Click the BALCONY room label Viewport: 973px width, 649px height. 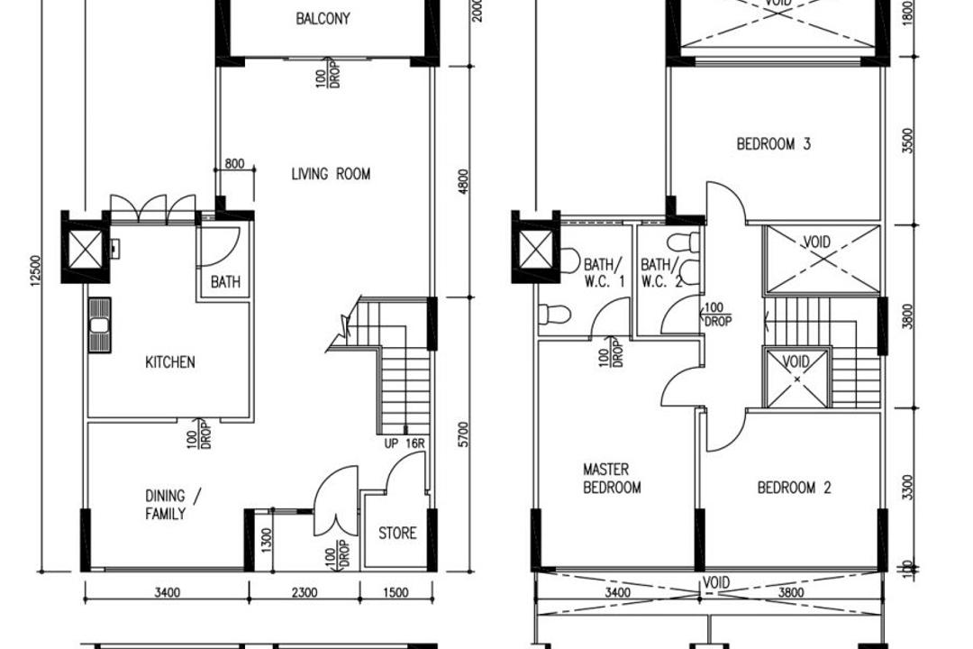[x=323, y=18]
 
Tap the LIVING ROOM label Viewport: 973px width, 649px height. [x=331, y=174]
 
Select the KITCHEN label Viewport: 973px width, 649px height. [x=170, y=362]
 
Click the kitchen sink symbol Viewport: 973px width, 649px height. [x=99, y=324]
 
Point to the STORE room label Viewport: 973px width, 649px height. [x=397, y=533]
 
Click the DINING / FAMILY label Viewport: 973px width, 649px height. [x=166, y=505]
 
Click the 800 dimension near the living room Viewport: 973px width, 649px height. [x=234, y=164]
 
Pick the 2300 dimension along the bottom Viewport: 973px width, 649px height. [x=305, y=592]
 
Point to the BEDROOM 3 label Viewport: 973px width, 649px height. [x=773, y=143]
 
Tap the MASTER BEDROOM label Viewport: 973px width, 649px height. [x=612, y=479]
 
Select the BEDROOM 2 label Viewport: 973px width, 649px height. [x=794, y=488]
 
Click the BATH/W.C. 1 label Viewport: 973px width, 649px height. [x=604, y=272]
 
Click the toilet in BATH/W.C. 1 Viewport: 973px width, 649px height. [x=556, y=314]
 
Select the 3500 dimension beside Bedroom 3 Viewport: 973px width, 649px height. [x=908, y=140]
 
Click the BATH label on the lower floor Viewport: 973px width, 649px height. [x=225, y=282]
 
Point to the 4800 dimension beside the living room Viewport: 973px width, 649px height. [x=463, y=180]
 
